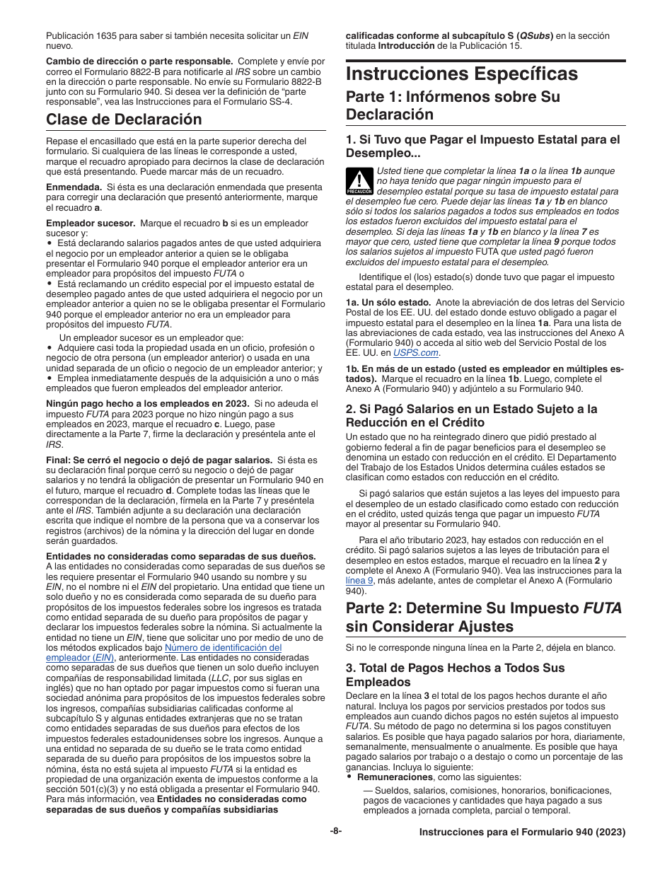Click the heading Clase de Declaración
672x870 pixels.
[x=124, y=119]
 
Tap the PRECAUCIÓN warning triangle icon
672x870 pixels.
[x=359, y=181]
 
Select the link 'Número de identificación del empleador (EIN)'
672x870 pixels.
[x=223, y=647]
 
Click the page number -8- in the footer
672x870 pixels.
[x=336, y=832]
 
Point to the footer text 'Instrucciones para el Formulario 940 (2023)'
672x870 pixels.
[x=522, y=833]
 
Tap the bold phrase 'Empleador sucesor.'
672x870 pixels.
[x=91, y=223]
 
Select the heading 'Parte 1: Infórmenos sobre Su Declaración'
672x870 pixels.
[x=453, y=105]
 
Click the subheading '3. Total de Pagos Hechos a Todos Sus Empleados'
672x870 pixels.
[x=456, y=674]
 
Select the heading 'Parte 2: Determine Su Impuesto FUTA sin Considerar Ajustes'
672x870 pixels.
[x=484, y=617]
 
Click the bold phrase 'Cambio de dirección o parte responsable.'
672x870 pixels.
[x=139, y=62]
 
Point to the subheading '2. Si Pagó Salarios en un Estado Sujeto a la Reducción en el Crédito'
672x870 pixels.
[x=471, y=415]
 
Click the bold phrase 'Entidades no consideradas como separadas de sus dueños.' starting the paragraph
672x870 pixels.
[x=181, y=556]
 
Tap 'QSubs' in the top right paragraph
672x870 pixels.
[x=534, y=36]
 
